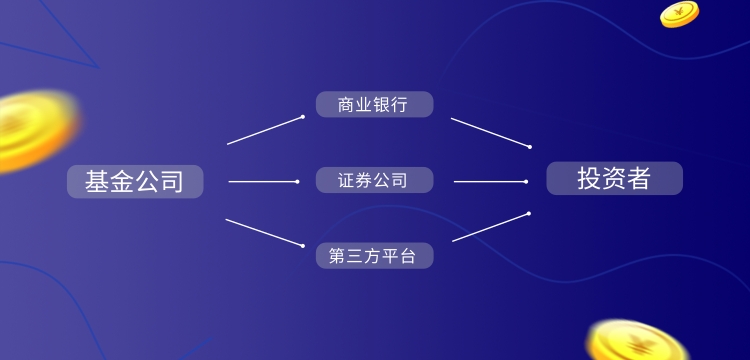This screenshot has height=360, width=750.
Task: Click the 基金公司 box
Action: [135, 181]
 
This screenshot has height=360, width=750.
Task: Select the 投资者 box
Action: [614, 178]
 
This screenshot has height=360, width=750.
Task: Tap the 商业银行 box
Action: [374, 105]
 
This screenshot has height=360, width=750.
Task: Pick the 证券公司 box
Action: [374, 180]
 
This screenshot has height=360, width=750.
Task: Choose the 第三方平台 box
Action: [374, 255]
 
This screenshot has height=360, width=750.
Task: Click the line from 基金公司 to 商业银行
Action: [265, 130]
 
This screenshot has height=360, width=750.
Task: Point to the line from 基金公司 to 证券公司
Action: [263, 181]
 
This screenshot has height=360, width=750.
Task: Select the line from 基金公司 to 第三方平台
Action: [265, 232]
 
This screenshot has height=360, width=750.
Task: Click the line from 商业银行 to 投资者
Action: [490, 132]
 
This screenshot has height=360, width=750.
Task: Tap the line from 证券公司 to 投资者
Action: [490, 181]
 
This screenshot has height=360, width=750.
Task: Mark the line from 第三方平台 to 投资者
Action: [490, 227]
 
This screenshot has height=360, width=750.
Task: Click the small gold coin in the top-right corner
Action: [679, 14]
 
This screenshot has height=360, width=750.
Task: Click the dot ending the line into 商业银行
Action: [303, 117]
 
